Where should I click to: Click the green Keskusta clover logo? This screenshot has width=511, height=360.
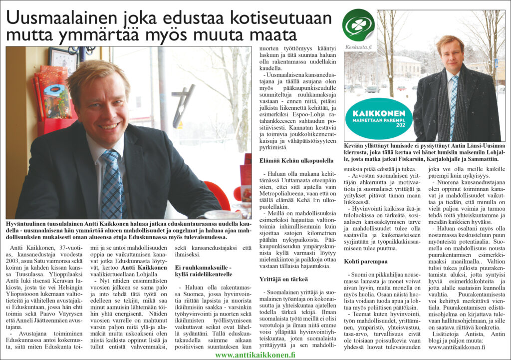click(x=358, y=24)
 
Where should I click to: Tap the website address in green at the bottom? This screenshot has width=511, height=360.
click(x=255, y=355)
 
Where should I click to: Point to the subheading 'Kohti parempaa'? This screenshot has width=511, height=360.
click(x=366, y=261)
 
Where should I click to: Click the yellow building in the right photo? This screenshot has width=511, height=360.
click(x=405, y=68)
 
